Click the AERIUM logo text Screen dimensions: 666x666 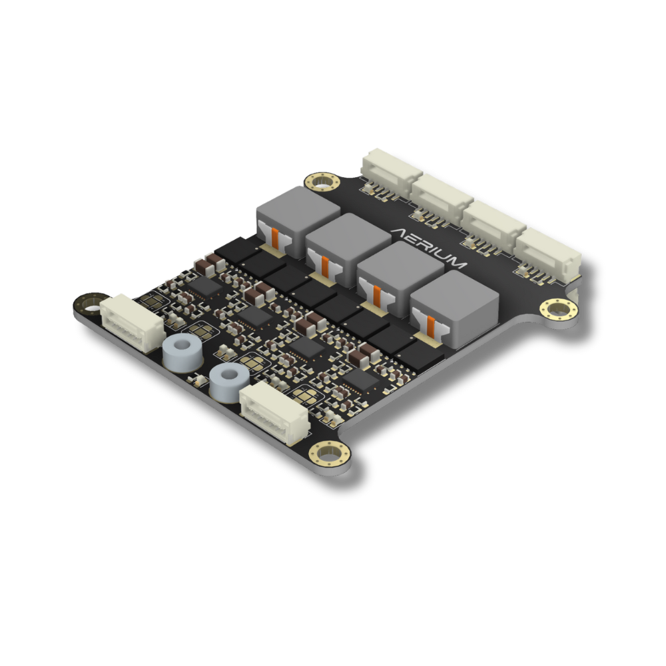428,248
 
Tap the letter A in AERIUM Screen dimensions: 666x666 399,233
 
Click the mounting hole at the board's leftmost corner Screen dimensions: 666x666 91,304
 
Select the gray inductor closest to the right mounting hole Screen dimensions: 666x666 454,308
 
